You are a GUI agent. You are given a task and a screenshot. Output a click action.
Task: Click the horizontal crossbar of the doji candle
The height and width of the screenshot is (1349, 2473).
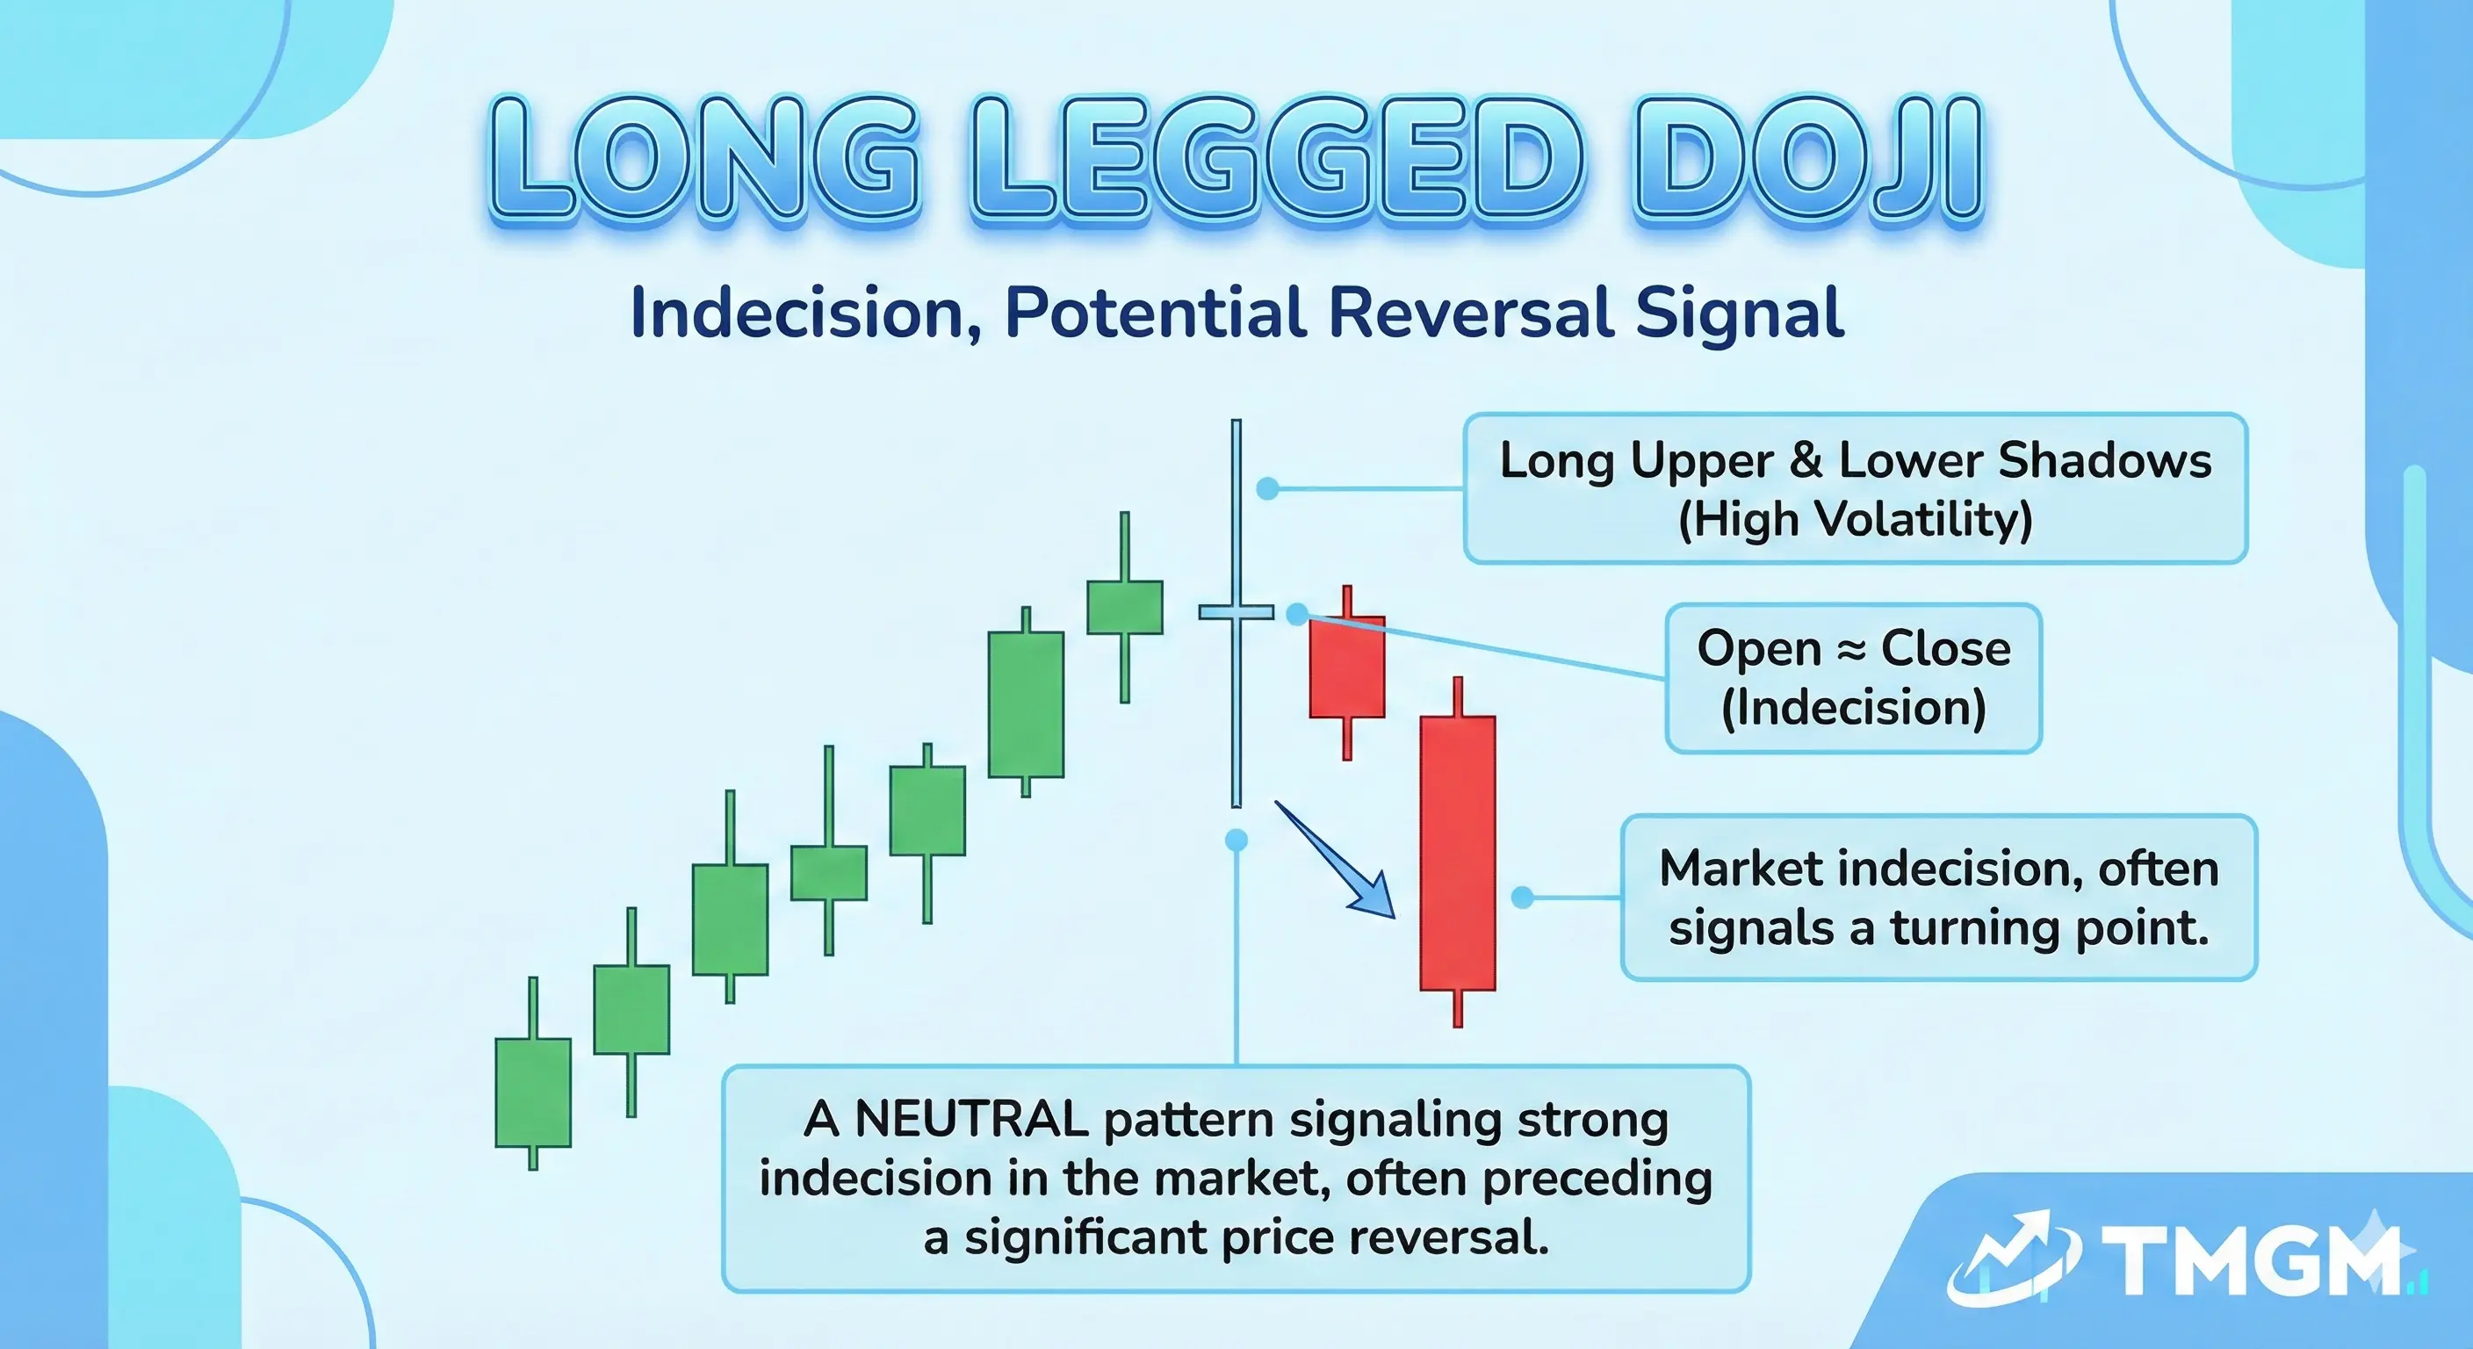[1236, 611]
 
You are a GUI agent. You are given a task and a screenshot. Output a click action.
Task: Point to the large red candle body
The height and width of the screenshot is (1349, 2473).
[1457, 853]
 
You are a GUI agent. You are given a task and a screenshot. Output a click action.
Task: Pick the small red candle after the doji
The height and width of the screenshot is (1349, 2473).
[1347, 667]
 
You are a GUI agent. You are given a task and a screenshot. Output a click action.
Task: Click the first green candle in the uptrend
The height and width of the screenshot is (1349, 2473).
[533, 1093]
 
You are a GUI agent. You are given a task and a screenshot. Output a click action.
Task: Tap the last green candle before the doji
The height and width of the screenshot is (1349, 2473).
[1124, 607]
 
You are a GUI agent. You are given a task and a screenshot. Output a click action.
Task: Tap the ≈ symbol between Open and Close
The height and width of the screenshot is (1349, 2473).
[1850, 649]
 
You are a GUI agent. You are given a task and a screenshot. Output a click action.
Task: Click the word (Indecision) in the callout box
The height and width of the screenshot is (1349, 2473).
[1853, 709]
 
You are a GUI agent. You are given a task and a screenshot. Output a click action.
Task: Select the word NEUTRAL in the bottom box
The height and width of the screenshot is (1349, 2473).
[970, 1120]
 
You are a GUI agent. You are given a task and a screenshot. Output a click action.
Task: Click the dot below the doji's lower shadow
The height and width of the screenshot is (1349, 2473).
[1236, 841]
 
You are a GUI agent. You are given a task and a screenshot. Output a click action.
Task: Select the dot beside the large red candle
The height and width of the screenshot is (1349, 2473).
[1522, 898]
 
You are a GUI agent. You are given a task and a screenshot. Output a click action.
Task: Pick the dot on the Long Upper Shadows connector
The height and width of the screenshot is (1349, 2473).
[1267, 487]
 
